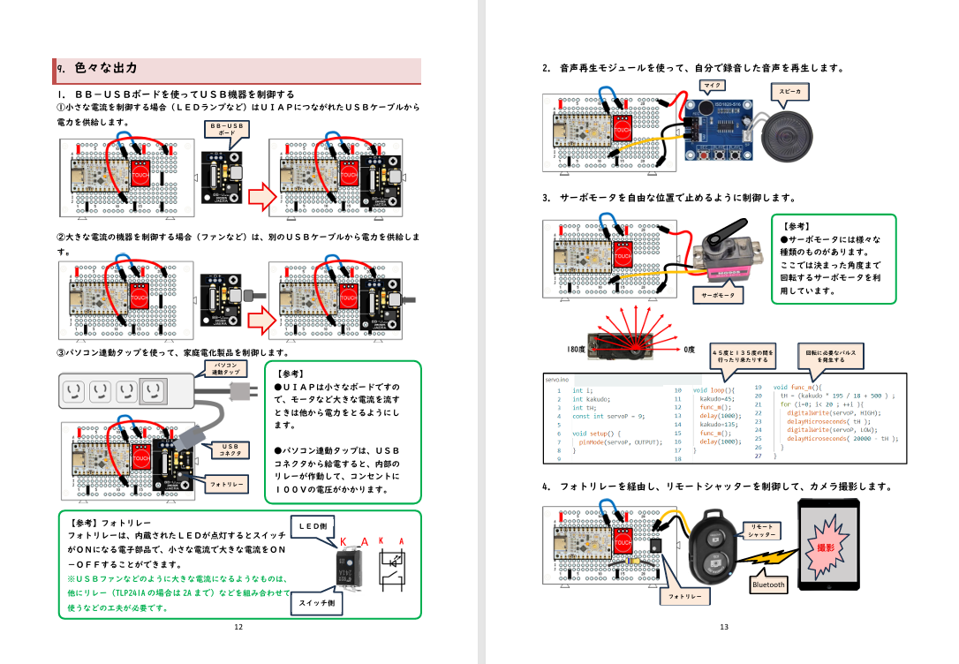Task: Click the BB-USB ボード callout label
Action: (227, 129)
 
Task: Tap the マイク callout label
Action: (712, 86)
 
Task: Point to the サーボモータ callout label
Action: (718, 295)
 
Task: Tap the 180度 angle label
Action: (576, 350)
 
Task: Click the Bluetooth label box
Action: (768, 585)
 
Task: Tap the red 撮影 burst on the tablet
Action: (828, 549)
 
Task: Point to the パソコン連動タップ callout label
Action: (224, 368)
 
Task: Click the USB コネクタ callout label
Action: (230, 449)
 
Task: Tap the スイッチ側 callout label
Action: (316, 603)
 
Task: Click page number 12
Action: (238, 627)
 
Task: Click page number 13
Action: (723, 627)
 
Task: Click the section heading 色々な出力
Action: (106, 68)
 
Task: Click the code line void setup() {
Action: (597, 434)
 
